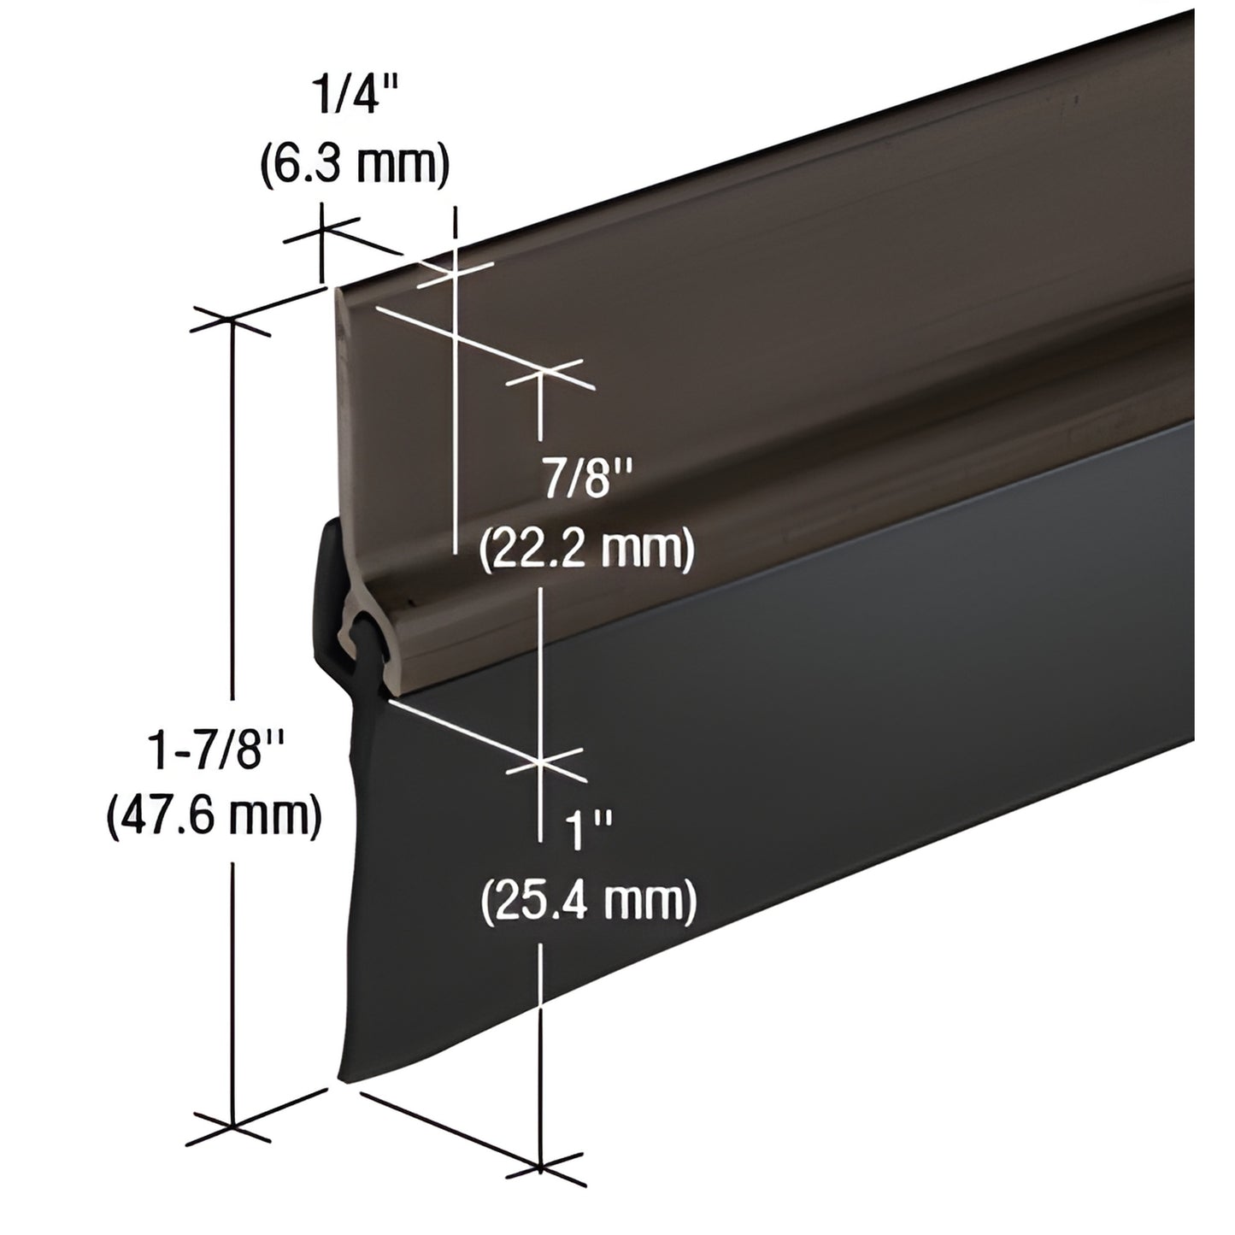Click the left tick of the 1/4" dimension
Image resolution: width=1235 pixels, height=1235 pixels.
click(323, 230)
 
